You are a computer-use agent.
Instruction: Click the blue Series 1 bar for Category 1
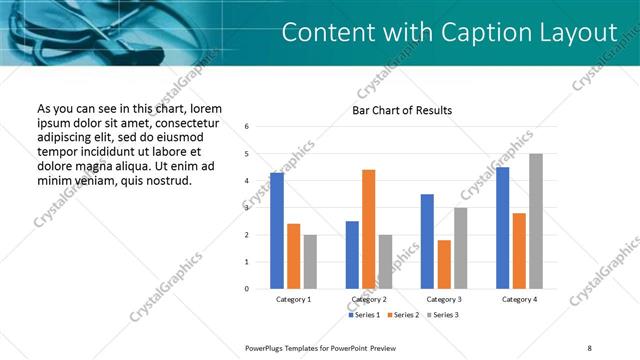click(x=277, y=231)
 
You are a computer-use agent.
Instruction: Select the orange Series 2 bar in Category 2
click(x=368, y=229)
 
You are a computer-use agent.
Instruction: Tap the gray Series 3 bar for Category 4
click(x=536, y=221)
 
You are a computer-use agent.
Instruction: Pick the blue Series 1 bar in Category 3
click(x=427, y=241)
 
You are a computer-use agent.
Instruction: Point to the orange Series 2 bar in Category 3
click(x=444, y=264)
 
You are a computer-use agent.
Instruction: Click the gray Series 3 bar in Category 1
click(x=310, y=261)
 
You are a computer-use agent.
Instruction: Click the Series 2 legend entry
click(x=403, y=315)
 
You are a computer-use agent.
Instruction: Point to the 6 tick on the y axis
click(x=247, y=127)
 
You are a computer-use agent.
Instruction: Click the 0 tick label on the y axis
click(x=247, y=289)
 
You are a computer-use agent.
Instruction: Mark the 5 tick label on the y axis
click(x=247, y=154)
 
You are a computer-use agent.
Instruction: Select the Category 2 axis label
click(x=369, y=299)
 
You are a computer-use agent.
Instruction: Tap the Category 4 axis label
click(x=519, y=299)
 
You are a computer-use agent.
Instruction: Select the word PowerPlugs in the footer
click(x=268, y=347)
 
